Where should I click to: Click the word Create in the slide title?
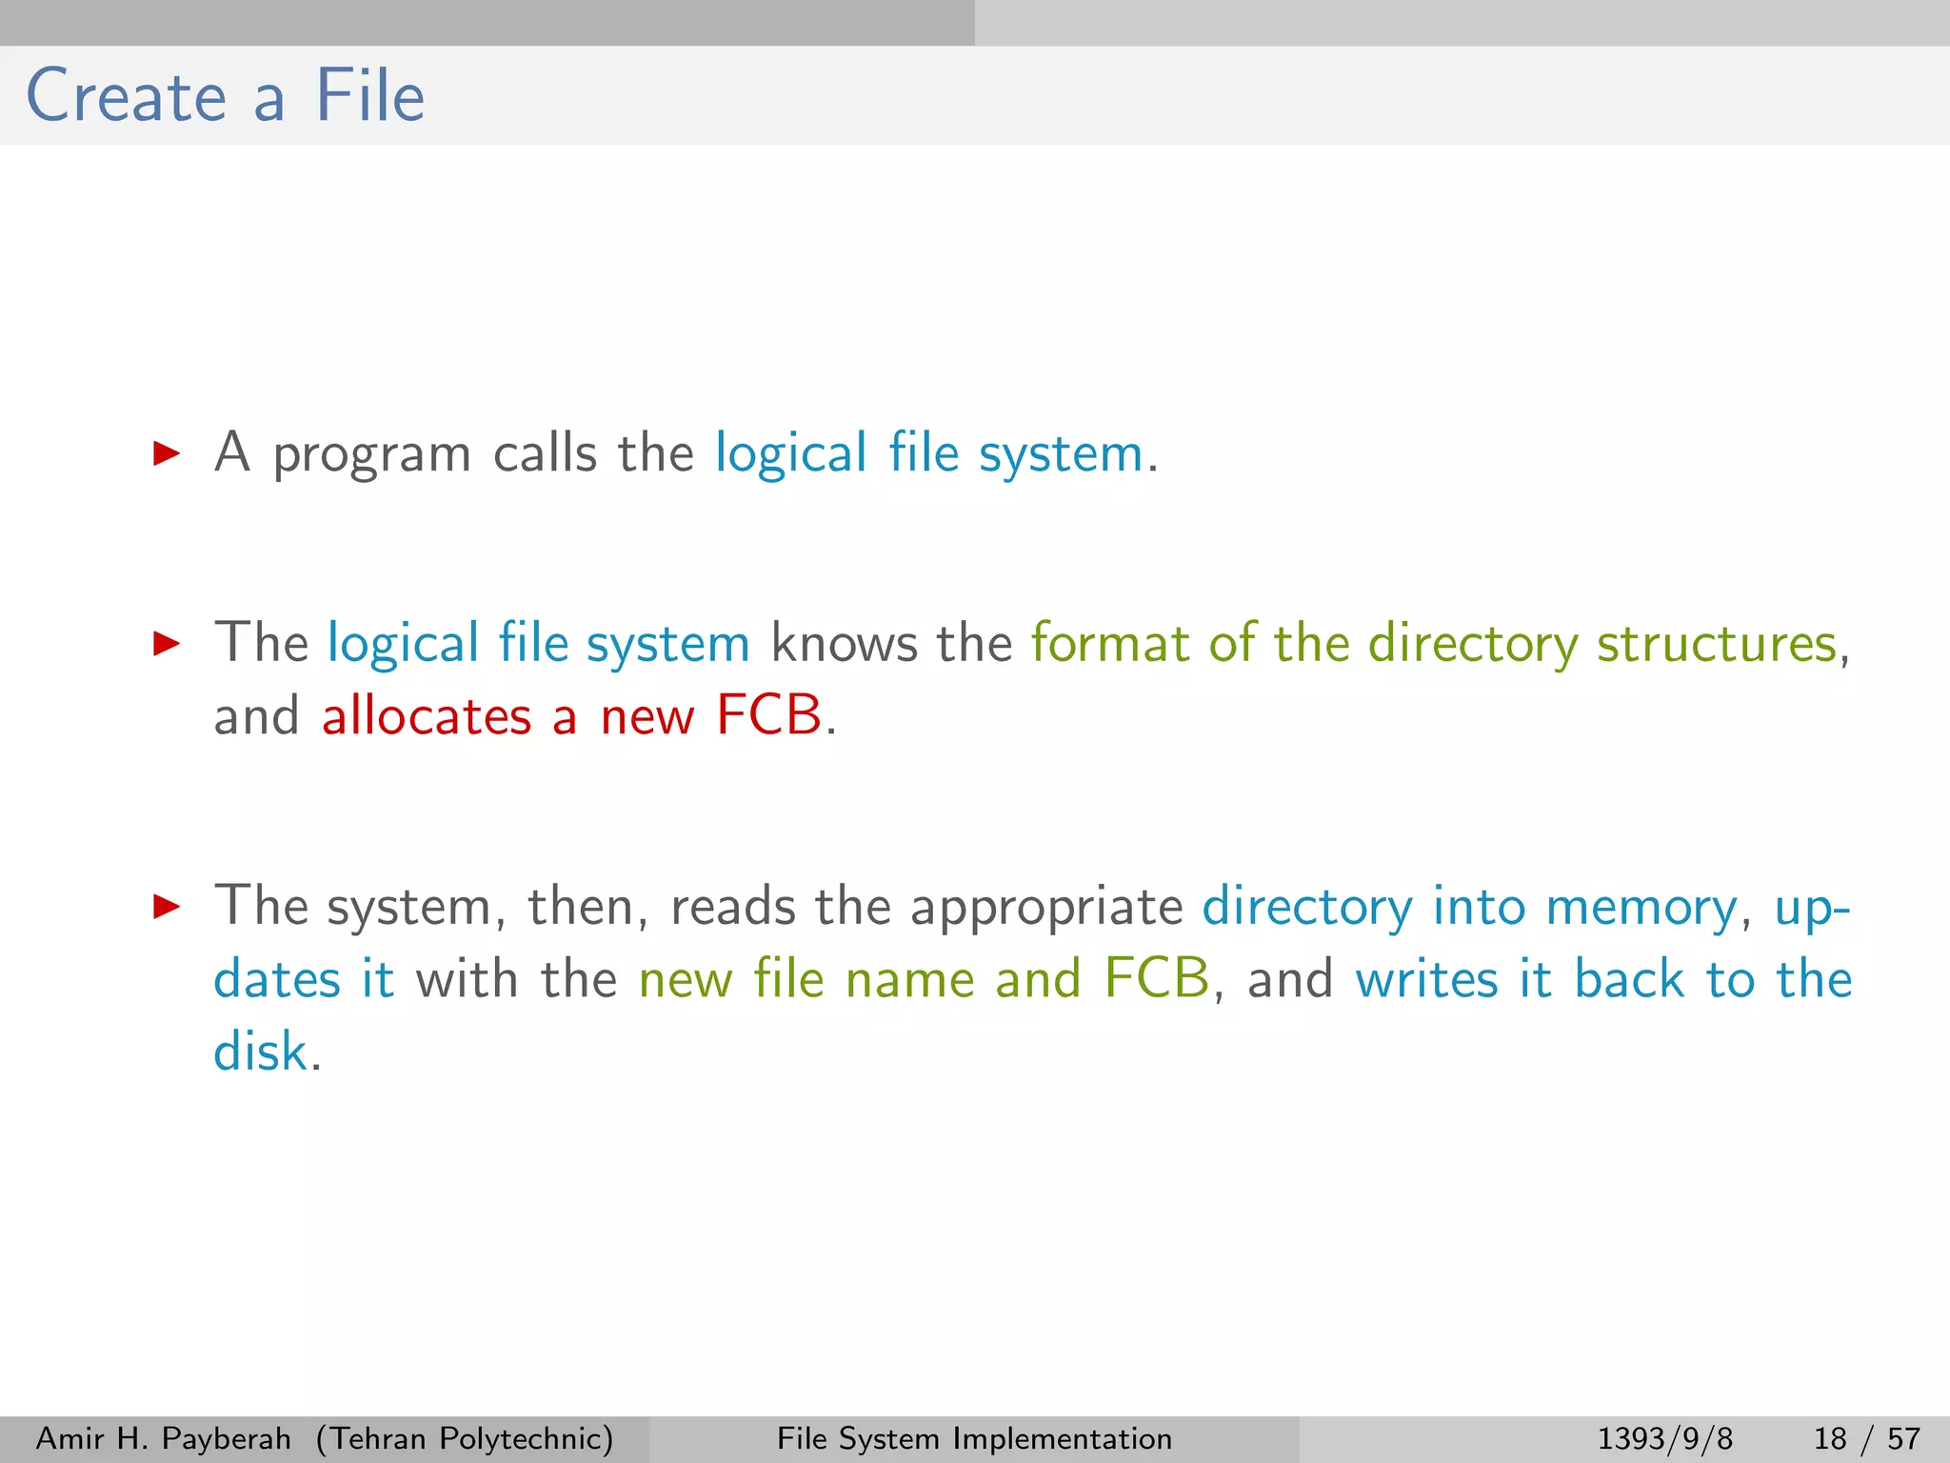click(126, 97)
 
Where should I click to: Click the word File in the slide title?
click(369, 97)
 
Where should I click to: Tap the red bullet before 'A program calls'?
click(167, 453)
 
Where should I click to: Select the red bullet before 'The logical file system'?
click(167, 644)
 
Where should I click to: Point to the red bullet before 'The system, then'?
click(167, 907)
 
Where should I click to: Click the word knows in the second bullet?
click(844, 644)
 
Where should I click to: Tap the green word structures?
click(1716, 644)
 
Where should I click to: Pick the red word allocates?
click(426, 716)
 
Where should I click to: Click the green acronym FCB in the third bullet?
click(1156, 979)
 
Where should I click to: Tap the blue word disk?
click(260, 1052)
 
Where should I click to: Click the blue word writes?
click(1425, 979)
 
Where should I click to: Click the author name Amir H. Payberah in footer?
click(163, 1438)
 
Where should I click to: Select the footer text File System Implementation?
click(974, 1438)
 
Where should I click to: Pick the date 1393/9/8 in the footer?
click(1664, 1438)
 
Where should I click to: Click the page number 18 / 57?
click(1866, 1438)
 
